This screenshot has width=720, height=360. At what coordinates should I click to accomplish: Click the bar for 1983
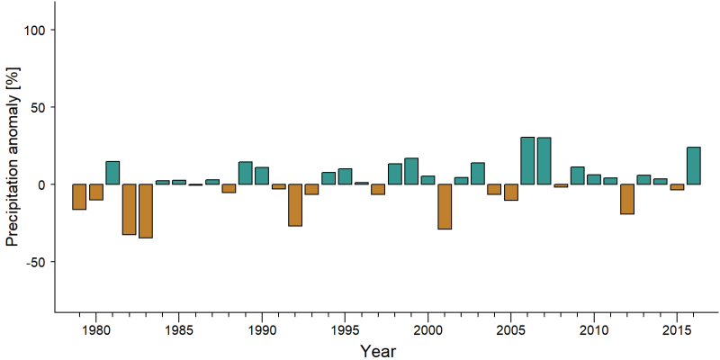(146, 211)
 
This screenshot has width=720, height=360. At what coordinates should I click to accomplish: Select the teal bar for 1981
(112, 173)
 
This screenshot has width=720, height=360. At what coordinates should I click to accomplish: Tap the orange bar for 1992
(295, 205)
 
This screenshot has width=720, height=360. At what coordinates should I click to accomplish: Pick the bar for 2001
(445, 207)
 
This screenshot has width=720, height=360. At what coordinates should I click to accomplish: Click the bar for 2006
(527, 161)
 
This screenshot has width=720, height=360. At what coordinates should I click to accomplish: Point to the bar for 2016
(693, 166)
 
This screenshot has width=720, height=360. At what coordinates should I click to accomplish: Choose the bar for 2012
(627, 199)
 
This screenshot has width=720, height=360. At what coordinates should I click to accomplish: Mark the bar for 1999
(411, 171)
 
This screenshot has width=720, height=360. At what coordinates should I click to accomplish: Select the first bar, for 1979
(79, 197)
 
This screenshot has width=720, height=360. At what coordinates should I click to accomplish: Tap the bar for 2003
(478, 174)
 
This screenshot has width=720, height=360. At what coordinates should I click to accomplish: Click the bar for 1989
(245, 173)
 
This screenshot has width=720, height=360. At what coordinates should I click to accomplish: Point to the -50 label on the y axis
(33, 262)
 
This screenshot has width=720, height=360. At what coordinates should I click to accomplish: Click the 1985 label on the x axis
(179, 330)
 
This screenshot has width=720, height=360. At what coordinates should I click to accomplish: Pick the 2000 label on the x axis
(428, 330)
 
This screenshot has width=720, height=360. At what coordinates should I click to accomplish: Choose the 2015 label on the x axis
(677, 330)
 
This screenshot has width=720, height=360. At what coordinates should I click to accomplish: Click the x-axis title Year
(377, 351)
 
